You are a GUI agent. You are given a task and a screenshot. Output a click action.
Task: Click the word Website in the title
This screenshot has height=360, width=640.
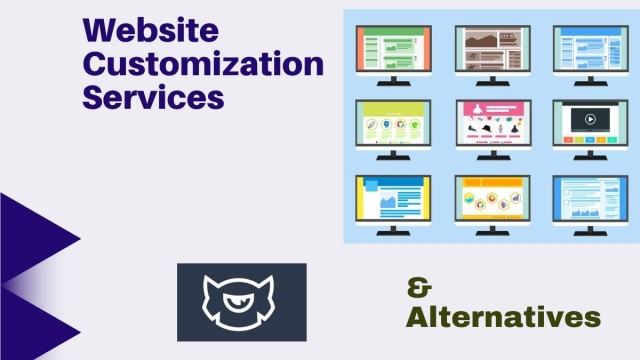[x=151, y=30]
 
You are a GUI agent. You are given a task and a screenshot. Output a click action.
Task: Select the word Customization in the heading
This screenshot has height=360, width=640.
[x=203, y=64]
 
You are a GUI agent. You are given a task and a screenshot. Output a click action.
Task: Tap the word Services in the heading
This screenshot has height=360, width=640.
[x=153, y=97]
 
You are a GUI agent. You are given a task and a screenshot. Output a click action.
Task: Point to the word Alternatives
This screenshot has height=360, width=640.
[x=503, y=317]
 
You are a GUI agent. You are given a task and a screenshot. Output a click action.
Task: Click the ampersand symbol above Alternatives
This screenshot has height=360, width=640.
[x=419, y=288]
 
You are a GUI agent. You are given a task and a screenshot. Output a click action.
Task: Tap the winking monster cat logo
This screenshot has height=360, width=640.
[x=238, y=302]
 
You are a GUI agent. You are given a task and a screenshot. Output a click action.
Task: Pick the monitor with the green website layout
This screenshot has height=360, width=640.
[x=394, y=55]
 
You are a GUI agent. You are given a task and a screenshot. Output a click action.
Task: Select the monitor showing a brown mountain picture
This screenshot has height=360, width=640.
[x=493, y=55]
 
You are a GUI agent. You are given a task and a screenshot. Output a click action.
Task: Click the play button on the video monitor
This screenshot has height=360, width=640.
[x=590, y=119]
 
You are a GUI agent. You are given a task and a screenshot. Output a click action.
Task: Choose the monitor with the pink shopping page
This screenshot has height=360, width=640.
[x=493, y=130]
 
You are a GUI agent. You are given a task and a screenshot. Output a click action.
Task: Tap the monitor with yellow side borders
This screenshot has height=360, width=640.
[x=393, y=205]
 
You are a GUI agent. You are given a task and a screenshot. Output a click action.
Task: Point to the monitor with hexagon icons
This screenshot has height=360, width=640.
[x=492, y=205]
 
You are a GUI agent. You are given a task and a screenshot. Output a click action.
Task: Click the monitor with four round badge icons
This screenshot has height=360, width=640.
[x=393, y=130]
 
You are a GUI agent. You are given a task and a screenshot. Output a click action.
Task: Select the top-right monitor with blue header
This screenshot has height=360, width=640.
[x=591, y=55]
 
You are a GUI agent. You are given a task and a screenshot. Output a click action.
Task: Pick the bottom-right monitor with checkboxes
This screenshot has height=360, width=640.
[x=590, y=205]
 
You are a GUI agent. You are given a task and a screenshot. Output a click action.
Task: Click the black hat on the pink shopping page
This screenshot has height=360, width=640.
[x=487, y=128]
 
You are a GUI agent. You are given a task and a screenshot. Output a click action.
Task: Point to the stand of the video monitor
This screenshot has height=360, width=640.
[x=590, y=155]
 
